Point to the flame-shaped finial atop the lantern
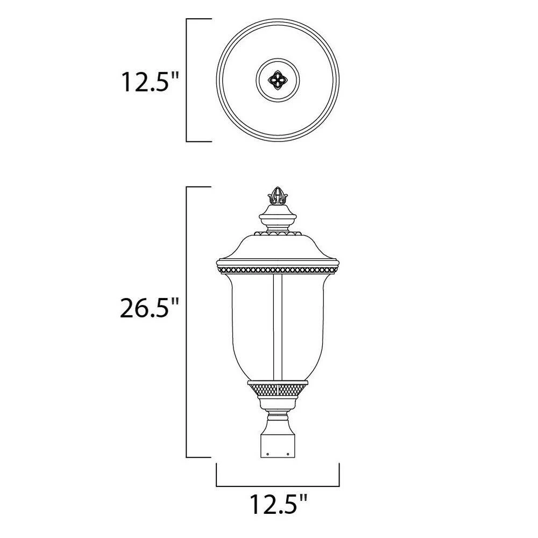pos(278,196)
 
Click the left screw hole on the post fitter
pos(267,454)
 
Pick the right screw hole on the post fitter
pos(288,454)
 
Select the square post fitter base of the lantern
pos(278,446)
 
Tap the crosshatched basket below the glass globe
pos(278,390)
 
